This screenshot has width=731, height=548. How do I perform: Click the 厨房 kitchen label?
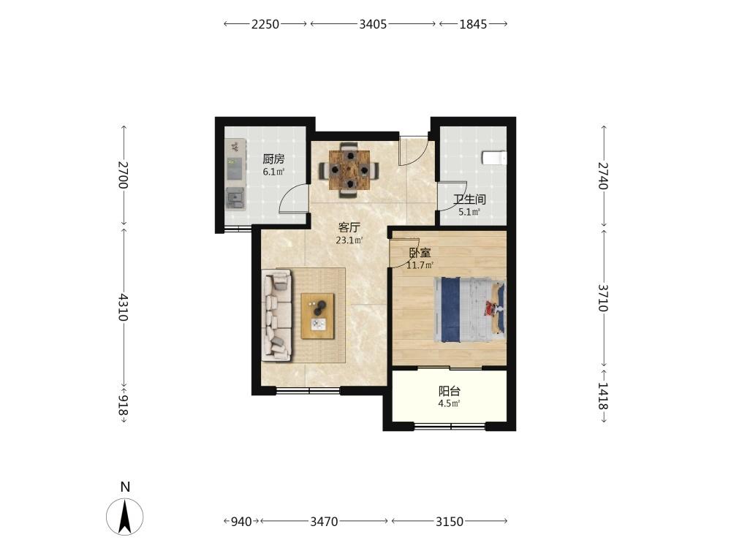coord(273,159)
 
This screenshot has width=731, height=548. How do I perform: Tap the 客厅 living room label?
coord(349,228)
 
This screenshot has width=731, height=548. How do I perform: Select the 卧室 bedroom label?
coord(420,253)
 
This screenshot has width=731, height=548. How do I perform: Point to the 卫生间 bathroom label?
coord(469,200)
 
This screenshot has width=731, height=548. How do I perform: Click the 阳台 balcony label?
coord(450,391)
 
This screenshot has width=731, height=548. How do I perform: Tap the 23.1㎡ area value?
coord(349,241)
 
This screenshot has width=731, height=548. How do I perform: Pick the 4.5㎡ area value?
coord(450,404)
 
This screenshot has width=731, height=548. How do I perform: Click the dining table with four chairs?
coord(349,170)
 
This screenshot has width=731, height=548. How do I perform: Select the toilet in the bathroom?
coord(494,158)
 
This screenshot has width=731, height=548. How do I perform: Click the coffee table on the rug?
coord(317,316)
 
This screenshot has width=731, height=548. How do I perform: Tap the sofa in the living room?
coord(277,316)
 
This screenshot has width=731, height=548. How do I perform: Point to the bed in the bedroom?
coord(469,310)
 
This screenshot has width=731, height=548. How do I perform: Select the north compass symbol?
coord(124,517)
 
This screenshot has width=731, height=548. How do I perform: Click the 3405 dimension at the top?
coord(373,24)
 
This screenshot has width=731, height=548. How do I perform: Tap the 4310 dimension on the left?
coord(123,307)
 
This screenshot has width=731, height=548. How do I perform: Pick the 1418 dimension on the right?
coord(603,395)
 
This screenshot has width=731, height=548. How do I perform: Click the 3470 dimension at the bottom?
coord(324,522)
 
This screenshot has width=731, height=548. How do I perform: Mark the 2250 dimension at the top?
coord(265,24)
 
